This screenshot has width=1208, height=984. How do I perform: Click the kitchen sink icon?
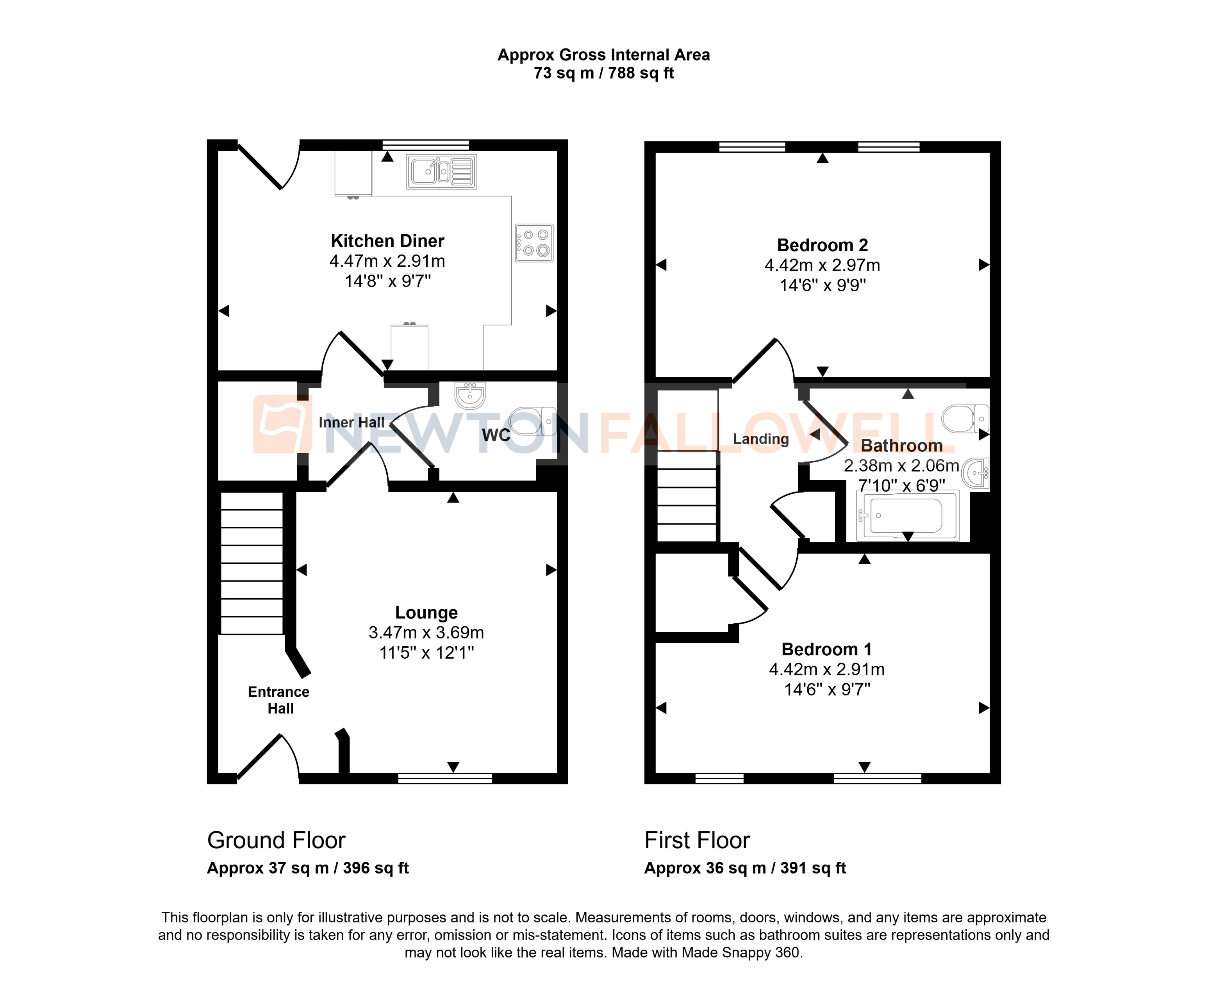pyautogui.click(x=441, y=171)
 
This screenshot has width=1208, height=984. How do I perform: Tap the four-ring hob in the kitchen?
pyautogui.click(x=534, y=242)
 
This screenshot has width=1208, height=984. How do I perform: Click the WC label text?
pyautogui.click(x=496, y=435)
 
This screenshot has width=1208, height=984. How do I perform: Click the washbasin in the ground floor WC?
pyautogui.click(x=470, y=395)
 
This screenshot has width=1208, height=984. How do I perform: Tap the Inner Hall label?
pyautogui.click(x=352, y=422)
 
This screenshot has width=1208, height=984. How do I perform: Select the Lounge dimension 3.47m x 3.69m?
pyautogui.click(x=426, y=633)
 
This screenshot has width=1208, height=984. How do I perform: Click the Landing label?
pyautogui.click(x=761, y=439)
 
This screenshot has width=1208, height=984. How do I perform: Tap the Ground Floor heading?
pyautogui.click(x=276, y=840)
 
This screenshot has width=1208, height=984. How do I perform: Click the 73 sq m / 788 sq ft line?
pyautogui.click(x=604, y=73)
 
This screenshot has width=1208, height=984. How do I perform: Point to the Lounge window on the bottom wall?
pyautogui.click(x=445, y=778)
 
